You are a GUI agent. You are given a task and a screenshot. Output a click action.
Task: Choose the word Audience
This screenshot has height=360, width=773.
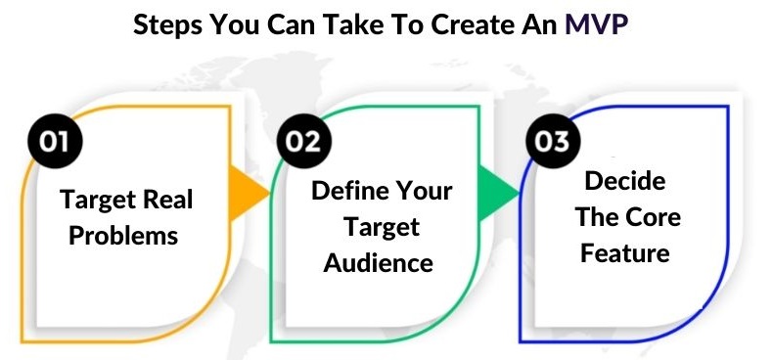pos(379,262)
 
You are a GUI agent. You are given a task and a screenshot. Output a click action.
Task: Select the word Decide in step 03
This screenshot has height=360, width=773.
pos(625,181)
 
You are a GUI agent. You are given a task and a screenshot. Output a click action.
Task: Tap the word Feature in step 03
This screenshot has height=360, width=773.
pos(625,252)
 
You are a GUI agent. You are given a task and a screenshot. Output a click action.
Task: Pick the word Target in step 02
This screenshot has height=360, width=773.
pos(380,226)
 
